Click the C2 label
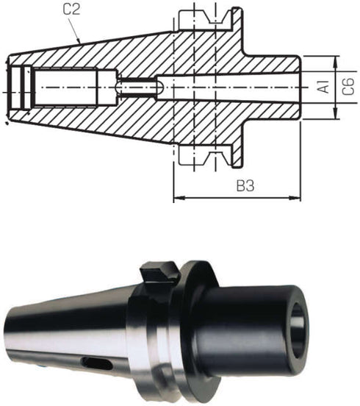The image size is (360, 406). (x=71, y=10)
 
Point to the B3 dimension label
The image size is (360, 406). (x=245, y=185)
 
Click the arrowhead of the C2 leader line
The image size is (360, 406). (x=79, y=40)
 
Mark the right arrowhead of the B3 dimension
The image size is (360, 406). (x=295, y=198)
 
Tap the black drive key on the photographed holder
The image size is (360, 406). (x=159, y=272)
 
